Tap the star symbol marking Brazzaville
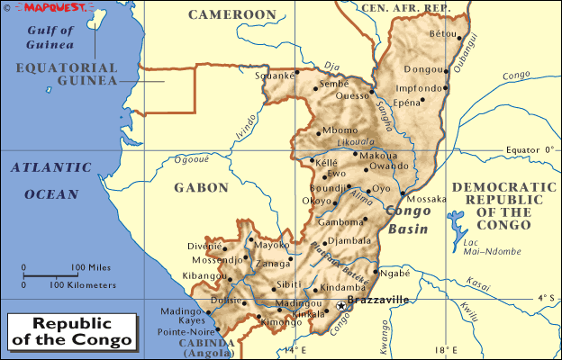pos(341,307)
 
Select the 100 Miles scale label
pos(91,267)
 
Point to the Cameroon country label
pos(231,15)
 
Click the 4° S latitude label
pos(545,297)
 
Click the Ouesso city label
pos(352,94)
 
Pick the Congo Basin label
pos(412,221)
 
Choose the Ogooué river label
pos(191,159)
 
